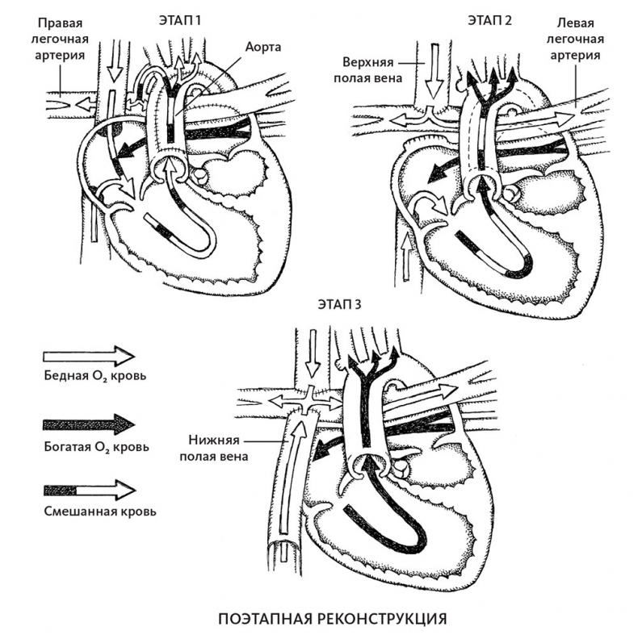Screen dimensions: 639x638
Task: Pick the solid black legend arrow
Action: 88,424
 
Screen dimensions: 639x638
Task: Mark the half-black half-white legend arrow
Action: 88,490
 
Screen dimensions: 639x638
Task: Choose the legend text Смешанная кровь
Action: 89,511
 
